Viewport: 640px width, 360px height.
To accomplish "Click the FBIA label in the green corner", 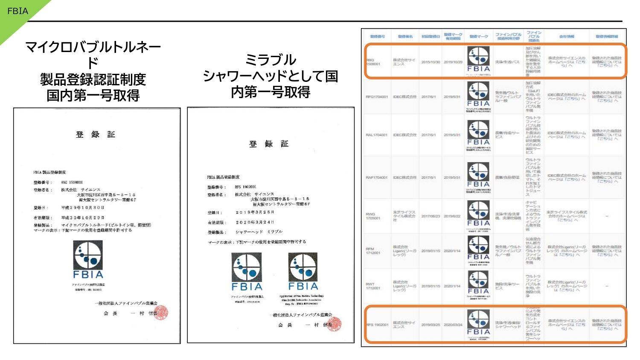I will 17,11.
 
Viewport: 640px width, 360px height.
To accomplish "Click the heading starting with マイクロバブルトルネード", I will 93,71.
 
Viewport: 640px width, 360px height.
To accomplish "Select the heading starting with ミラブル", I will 271,76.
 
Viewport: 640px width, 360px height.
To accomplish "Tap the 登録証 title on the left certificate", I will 96,135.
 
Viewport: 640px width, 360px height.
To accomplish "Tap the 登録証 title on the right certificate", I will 269,144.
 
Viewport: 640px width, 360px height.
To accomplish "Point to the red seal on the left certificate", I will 161,313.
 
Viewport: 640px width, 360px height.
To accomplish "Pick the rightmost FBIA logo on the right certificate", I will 303,271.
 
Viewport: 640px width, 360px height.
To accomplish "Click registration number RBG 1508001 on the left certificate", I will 72,183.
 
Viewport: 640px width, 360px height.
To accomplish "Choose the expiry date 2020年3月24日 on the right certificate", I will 255,222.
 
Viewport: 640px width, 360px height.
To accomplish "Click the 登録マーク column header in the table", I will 479,37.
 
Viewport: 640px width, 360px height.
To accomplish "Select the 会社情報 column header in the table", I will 567,37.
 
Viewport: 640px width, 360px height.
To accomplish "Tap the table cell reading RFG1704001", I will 377,97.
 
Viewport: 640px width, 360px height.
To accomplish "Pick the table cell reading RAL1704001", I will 376,135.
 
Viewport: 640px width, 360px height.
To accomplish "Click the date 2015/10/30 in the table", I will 431,62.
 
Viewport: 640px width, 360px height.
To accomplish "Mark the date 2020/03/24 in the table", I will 453,325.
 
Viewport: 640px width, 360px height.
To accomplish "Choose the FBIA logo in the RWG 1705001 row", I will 479,213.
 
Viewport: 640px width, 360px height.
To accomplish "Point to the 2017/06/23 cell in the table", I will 431,216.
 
